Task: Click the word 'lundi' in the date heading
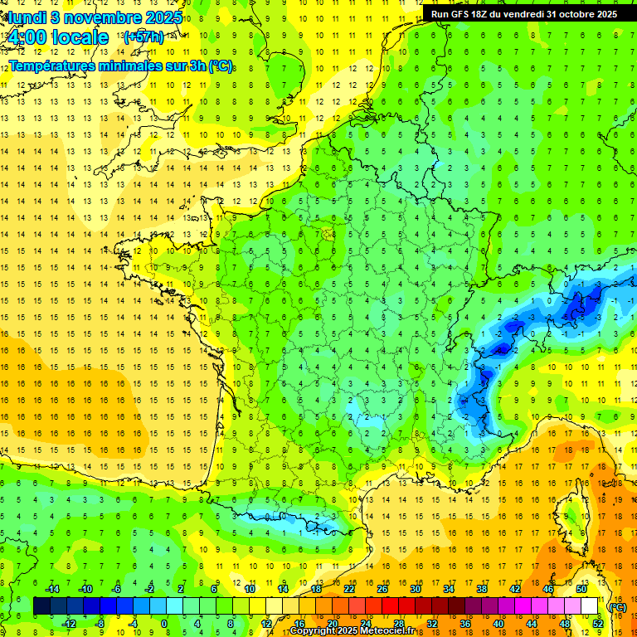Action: pyautogui.click(x=26, y=16)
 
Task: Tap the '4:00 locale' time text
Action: pyautogui.click(x=57, y=37)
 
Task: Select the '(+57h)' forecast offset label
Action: pyautogui.click(x=143, y=37)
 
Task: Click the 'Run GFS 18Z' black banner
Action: pyautogui.click(x=523, y=13)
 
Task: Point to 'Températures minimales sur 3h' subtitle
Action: pyautogui.click(x=120, y=66)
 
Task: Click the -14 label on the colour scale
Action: pyautogui.click(x=51, y=589)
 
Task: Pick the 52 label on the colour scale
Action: pyautogui.click(x=597, y=624)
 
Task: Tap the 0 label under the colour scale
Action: pyautogui.click(x=164, y=624)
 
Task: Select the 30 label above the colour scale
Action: pyautogui.click(x=415, y=589)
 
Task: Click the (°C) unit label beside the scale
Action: pyautogui.click(x=617, y=607)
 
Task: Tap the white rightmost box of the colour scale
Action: pyautogui.click(x=589, y=606)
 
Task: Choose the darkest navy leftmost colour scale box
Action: pyautogui.click(x=41, y=606)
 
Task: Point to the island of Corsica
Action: pyautogui.click(x=571, y=514)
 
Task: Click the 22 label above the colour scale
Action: pyautogui.click(x=349, y=589)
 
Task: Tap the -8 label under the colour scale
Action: pyautogui.click(x=100, y=624)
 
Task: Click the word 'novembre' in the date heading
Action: pyautogui.click(x=95, y=16)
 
